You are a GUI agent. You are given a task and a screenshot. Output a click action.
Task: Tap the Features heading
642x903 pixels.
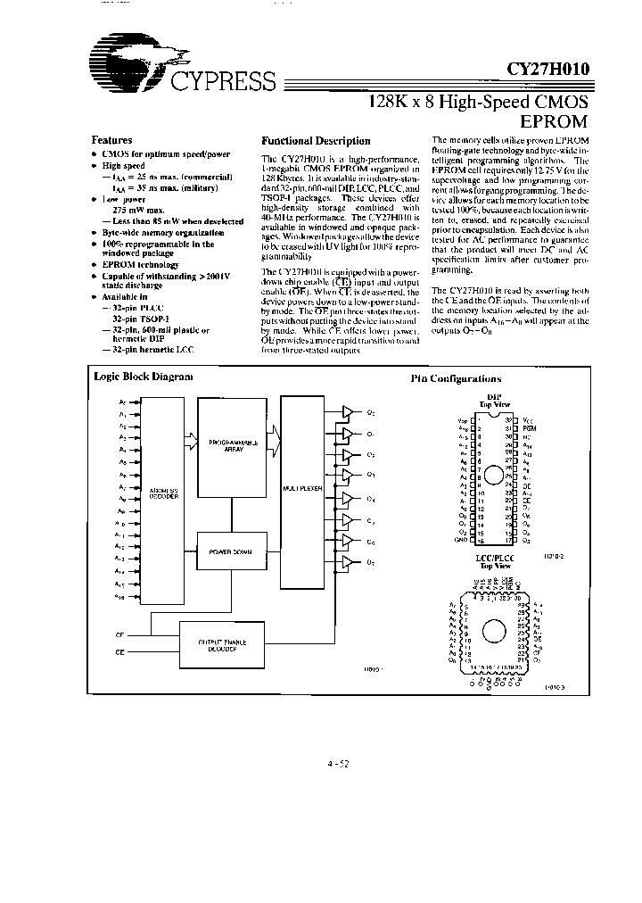pyautogui.click(x=111, y=140)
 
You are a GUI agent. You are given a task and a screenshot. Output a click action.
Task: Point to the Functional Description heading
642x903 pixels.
pyautogui.click(x=315, y=141)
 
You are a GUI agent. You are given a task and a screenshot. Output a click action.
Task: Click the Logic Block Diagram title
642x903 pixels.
pyautogui.click(x=143, y=377)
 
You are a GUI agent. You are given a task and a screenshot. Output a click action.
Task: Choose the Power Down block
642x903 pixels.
pyautogui.click(x=233, y=551)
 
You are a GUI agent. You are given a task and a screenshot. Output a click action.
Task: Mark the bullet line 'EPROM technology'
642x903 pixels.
pyautogui.click(x=141, y=265)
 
